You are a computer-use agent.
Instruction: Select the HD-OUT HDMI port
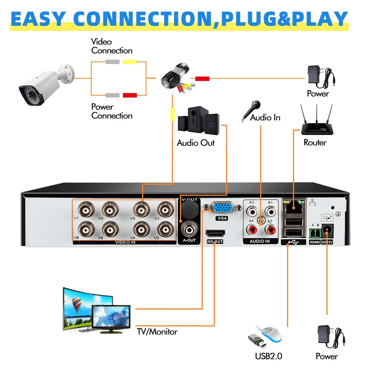tap(215, 233)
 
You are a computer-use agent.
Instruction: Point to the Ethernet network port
tap(293, 206)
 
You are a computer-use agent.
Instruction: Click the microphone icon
tap(251, 111)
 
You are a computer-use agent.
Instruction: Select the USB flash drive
tap(256, 340)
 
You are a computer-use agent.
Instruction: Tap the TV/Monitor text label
tap(157, 332)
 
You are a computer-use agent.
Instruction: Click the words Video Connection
tap(112, 46)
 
